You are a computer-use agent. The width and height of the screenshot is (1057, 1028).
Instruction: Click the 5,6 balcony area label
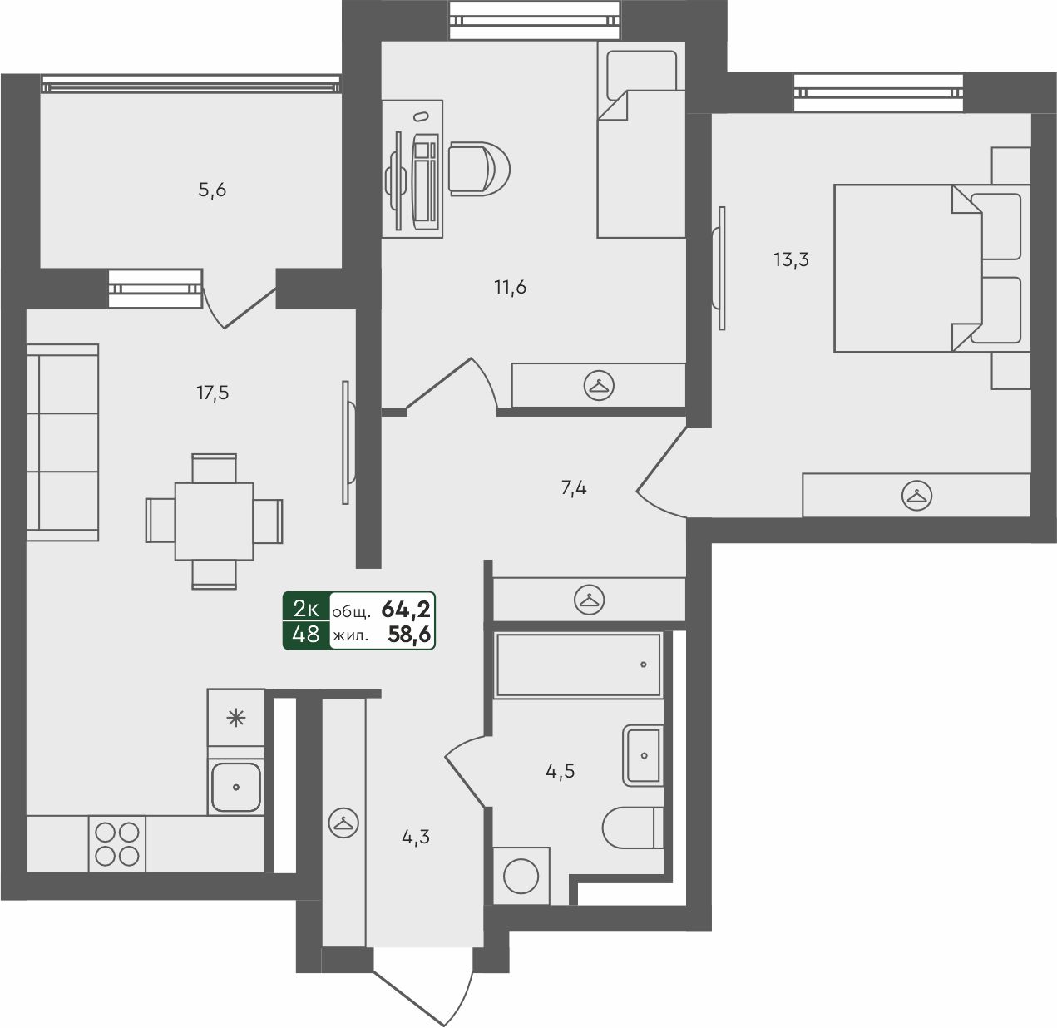point(212,190)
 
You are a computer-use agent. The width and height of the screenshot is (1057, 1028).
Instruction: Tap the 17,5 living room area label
point(212,393)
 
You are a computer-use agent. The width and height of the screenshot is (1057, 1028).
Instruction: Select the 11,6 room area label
point(510,287)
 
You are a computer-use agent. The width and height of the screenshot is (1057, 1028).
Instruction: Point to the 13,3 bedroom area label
point(791,259)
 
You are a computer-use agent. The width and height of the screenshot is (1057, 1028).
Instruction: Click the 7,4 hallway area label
point(574,488)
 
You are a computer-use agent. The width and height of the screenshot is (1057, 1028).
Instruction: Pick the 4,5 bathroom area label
point(560,770)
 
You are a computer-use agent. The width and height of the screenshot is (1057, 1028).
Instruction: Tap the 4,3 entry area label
point(416,837)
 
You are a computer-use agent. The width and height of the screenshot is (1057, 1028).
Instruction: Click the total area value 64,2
point(406,609)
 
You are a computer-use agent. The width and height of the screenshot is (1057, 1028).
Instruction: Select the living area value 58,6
point(409,634)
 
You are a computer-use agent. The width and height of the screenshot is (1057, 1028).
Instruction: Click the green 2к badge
point(306,609)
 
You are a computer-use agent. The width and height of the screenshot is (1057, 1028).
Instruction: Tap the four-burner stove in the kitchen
point(117,844)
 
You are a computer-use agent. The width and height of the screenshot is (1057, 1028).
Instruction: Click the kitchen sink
point(235,787)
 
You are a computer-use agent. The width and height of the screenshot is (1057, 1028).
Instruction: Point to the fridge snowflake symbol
point(235,719)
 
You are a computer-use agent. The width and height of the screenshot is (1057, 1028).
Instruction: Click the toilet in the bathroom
point(633,828)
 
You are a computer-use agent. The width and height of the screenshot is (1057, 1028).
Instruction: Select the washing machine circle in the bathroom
point(521,877)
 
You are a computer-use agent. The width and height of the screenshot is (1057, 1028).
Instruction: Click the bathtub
point(579,665)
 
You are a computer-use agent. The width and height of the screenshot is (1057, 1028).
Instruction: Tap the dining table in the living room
point(214,521)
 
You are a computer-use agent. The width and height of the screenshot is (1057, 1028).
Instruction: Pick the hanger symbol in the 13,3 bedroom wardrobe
point(916,495)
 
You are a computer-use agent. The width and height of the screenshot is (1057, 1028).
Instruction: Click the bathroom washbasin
point(643,755)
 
